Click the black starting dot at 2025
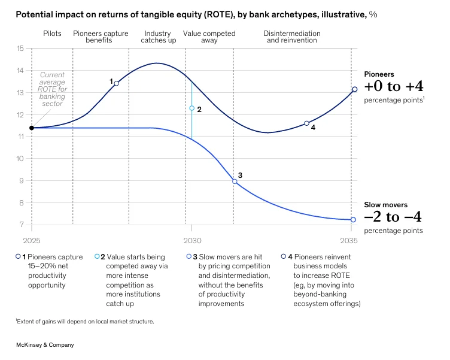point(32,128)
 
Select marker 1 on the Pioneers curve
point(116,83)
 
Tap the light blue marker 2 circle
point(191,108)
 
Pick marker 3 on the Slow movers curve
point(235,181)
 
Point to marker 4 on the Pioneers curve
point(306,123)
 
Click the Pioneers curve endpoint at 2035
point(354,89)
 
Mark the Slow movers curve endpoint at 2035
point(353,220)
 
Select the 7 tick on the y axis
point(22,225)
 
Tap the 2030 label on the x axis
point(191,241)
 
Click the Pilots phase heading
point(52,34)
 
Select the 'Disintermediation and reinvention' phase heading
point(292,37)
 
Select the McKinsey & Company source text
point(45,345)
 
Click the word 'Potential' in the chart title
point(34,14)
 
